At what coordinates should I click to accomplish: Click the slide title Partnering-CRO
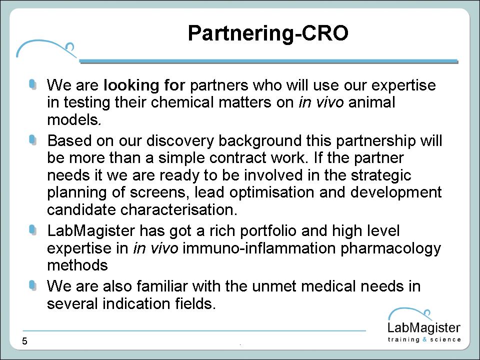(268, 33)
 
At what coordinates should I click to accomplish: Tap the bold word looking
(131, 85)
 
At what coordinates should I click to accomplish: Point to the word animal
(371, 102)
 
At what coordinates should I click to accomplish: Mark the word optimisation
(272, 192)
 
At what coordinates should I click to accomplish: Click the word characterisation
(179, 209)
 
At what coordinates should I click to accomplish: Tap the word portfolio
(268, 231)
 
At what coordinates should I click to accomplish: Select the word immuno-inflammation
(259, 248)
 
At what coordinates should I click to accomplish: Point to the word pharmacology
(390, 248)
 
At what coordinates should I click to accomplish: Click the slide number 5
(25, 341)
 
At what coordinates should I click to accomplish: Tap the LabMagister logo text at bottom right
(424, 328)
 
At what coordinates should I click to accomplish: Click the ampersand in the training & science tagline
(424, 339)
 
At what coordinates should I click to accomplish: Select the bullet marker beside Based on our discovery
(33, 140)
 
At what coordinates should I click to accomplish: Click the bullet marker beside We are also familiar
(33, 286)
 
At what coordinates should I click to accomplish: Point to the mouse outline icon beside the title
(46, 48)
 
